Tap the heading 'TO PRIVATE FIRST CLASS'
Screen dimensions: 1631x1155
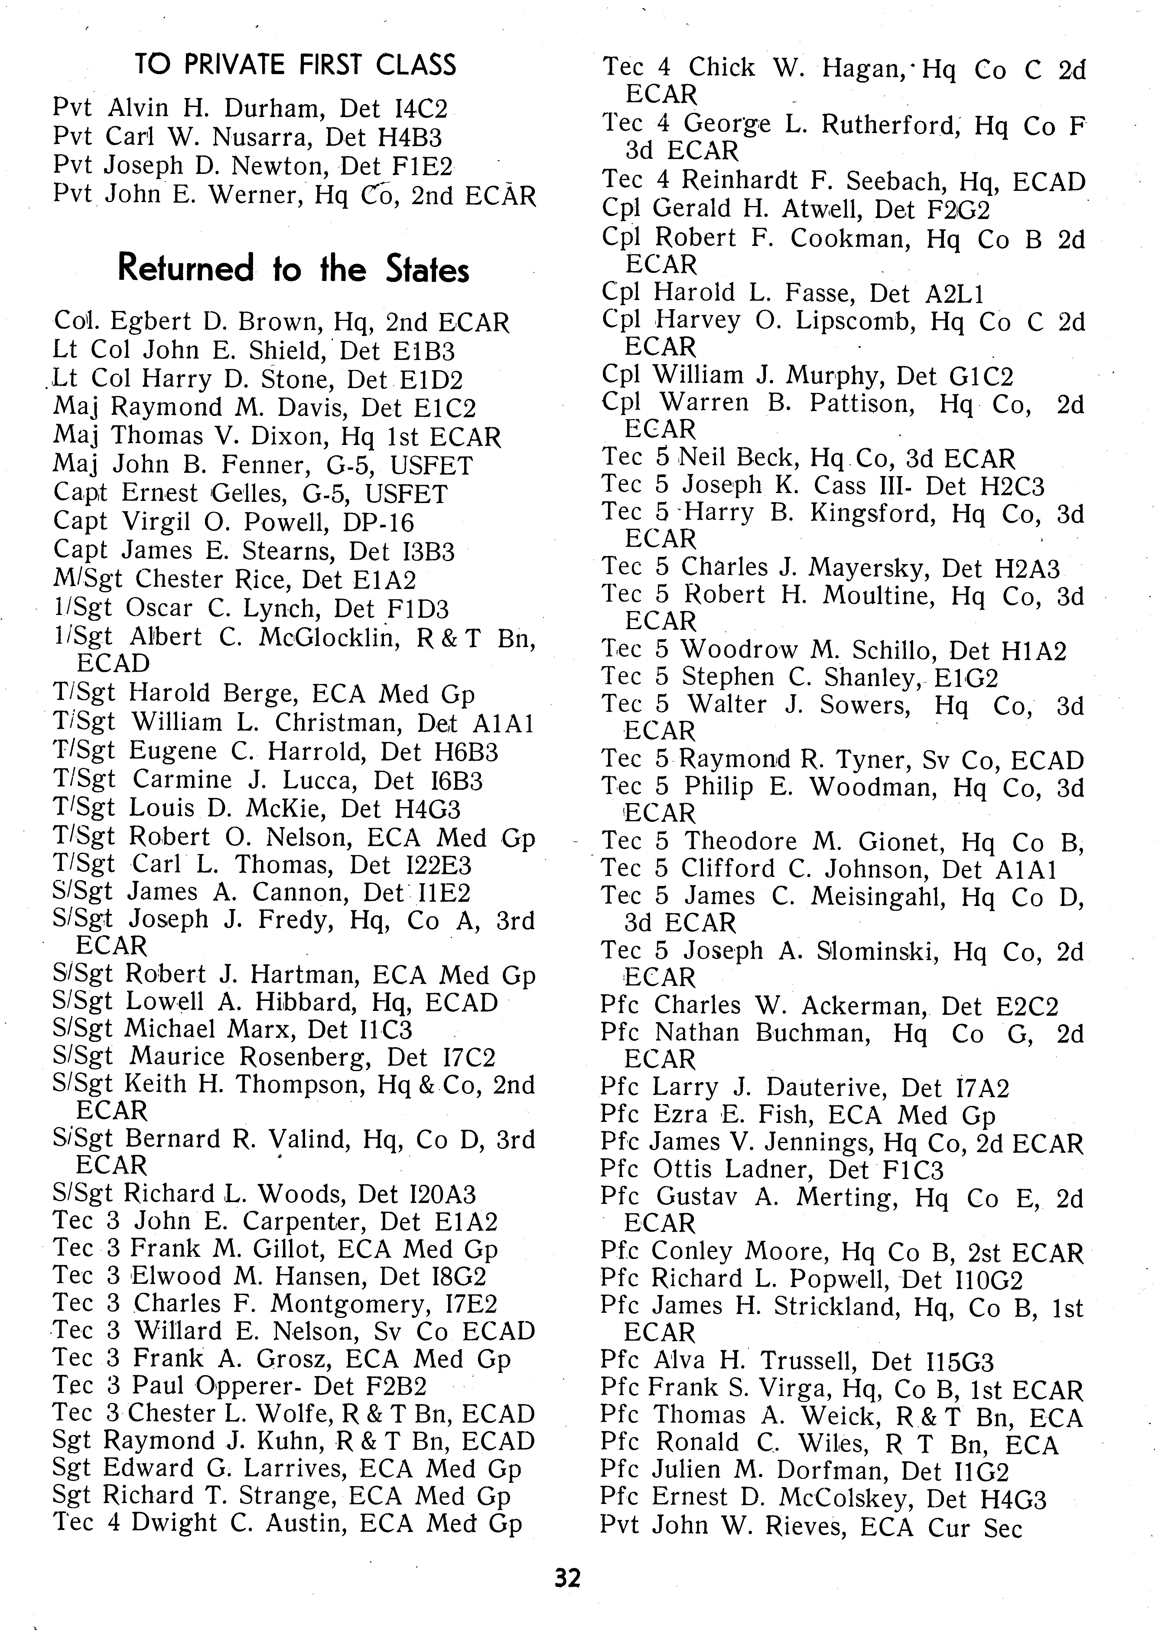click(295, 65)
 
